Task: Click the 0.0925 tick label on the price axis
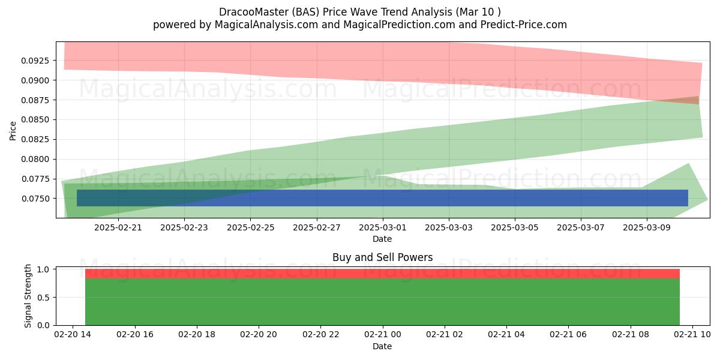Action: [x=35, y=61]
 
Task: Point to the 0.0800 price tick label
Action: [x=35, y=160]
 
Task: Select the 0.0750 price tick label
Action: [x=35, y=199]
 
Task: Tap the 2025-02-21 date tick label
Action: [x=118, y=227]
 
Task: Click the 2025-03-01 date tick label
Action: [x=383, y=227]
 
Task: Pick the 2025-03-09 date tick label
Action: [x=647, y=227]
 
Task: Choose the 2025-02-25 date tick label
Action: [x=250, y=227]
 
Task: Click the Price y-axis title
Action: [x=13, y=131]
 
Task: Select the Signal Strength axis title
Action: [x=28, y=296]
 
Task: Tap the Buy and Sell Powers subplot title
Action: [x=383, y=257]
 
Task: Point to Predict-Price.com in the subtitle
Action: [x=524, y=25]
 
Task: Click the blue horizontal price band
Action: [x=383, y=198]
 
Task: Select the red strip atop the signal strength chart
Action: [x=383, y=274]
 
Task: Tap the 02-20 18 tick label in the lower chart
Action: [x=197, y=335]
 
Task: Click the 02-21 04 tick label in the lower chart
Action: [x=506, y=335]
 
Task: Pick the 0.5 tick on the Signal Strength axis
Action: [x=43, y=298]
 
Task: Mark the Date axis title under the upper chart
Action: [x=382, y=239]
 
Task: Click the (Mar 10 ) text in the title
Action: [x=478, y=12]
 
